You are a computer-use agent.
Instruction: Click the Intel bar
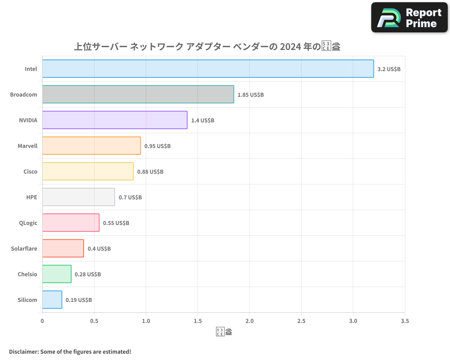[208, 69]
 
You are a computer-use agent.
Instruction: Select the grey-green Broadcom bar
[138, 94]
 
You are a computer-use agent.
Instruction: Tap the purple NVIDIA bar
[115, 120]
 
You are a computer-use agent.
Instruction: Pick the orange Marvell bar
[91, 146]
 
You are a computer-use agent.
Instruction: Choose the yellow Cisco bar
[88, 171]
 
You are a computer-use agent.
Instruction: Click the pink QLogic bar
[71, 223]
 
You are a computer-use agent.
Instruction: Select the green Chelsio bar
[57, 274]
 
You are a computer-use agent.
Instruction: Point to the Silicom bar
[52, 300]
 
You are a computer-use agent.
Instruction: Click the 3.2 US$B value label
[389, 69]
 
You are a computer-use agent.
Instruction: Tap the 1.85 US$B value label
[251, 95]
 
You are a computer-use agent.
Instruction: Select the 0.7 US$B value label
[130, 198]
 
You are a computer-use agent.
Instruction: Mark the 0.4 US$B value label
[99, 249]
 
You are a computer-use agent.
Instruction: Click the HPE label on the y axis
[31, 198]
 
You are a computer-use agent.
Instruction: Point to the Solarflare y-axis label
[24, 249]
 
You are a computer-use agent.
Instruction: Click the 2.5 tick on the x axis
[301, 321]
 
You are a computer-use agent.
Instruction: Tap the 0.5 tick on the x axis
[94, 321]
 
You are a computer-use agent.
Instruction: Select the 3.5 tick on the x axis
[405, 321]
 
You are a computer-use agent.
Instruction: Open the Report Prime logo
[409, 18]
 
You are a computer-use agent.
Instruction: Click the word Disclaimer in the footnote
[23, 351]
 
